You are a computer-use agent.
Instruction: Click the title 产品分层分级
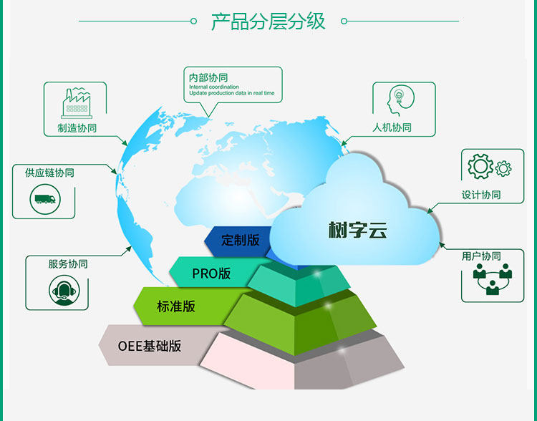tap(268, 21)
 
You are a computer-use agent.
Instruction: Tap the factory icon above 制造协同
tap(77, 104)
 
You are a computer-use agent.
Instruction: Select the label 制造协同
tap(77, 128)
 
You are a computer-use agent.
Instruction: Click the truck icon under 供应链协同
tap(44, 199)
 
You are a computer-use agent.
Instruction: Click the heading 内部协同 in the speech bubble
tap(208, 77)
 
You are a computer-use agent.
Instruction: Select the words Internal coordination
tap(214, 87)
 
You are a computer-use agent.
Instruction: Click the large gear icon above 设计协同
tap(480, 166)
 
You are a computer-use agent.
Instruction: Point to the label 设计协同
tap(481, 195)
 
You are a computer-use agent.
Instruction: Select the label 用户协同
tap(481, 256)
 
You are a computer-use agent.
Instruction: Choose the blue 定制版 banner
tap(240, 240)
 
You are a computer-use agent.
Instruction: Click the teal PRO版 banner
tap(211, 273)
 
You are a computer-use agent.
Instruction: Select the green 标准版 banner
tap(176, 306)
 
